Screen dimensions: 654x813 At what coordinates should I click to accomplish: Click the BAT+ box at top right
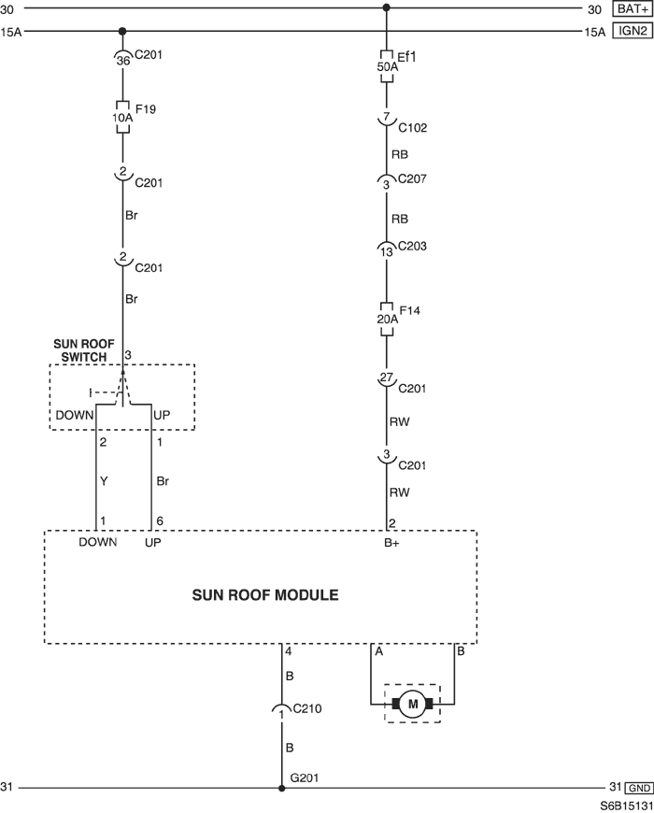(633, 8)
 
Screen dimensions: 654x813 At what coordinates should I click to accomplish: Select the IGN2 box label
(633, 31)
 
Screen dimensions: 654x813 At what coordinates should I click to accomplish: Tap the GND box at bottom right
(638, 788)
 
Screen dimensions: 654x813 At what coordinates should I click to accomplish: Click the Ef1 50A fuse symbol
(386, 66)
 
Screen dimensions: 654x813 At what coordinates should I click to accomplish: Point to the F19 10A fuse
(122, 117)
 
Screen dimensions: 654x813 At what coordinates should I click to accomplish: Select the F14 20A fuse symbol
(387, 319)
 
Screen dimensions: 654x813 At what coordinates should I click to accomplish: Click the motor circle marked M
(413, 704)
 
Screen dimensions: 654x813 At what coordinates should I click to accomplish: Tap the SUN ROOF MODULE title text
(265, 594)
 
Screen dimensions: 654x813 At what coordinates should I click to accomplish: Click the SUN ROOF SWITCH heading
(83, 350)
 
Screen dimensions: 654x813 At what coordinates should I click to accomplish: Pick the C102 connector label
(413, 128)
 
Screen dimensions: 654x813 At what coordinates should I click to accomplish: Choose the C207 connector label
(412, 178)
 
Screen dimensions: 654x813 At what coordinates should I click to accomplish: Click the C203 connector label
(412, 246)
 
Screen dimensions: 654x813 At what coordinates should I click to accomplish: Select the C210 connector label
(306, 708)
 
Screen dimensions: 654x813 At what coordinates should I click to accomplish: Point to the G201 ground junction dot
(281, 788)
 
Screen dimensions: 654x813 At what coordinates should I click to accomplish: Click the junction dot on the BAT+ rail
(386, 7)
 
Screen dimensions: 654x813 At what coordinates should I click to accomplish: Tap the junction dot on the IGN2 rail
(122, 31)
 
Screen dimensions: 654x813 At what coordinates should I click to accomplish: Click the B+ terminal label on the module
(391, 543)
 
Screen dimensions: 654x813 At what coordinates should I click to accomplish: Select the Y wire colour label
(104, 481)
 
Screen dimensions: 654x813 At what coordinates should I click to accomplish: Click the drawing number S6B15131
(627, 806)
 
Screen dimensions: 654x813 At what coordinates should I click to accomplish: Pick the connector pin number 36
(122, 61)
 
